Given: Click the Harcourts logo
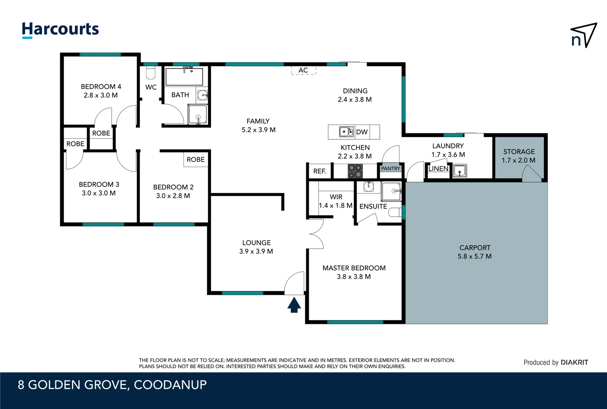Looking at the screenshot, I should (60, 30).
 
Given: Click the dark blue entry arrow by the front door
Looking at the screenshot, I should (294, 305).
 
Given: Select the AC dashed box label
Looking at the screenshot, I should (303, 70).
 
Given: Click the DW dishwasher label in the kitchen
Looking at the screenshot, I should (362, 132).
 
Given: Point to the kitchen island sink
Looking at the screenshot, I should (346, 132).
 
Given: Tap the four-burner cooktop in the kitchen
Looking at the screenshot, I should (355, 171).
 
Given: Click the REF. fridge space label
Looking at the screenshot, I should (320, 171).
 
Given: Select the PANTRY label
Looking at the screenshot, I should (390, 169).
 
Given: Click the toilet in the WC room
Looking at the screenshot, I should (151, 73).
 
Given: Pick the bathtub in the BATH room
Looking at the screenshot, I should (184, 77).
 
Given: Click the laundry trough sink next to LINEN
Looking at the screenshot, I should (459, 171).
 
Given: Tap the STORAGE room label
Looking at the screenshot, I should (519, 151).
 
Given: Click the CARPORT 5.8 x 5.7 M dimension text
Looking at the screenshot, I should (474, 256).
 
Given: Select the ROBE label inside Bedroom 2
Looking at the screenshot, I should (195, 159).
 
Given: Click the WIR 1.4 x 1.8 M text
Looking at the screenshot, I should (335, 201).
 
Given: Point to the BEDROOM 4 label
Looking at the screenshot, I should (101, 87).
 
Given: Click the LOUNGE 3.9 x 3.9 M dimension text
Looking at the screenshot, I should (256, 251).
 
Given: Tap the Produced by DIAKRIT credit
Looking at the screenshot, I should (556, 362).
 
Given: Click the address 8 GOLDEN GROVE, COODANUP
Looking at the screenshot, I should (112, 385).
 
